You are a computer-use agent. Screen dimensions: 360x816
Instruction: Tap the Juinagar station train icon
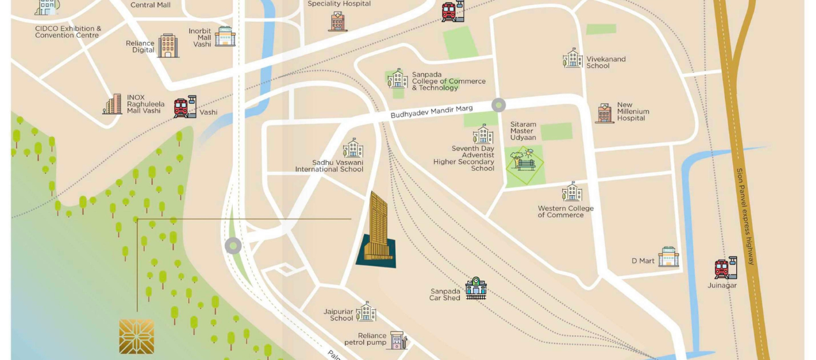725,268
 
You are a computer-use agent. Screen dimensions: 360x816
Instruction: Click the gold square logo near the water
136,336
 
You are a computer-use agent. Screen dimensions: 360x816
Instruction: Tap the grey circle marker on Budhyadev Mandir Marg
499,105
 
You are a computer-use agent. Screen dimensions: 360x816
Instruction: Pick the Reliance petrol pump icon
398,340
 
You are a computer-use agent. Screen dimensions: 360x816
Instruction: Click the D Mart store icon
668,257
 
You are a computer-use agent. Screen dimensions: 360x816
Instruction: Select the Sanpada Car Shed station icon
476,289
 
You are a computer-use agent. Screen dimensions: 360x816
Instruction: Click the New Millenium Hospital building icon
604,113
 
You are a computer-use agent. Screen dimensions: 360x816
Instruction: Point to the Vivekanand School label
606,62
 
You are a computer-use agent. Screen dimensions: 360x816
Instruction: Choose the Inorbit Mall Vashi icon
224,36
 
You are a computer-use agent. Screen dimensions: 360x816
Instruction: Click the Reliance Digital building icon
168,46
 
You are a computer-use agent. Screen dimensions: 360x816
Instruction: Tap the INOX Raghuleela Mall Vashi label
145,104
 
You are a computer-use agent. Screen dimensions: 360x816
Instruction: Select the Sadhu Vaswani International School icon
353,148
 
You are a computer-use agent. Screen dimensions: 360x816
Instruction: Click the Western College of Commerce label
565,212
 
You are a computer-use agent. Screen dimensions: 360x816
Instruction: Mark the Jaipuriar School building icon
366,312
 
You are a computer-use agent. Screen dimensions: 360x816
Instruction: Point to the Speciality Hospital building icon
338,22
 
